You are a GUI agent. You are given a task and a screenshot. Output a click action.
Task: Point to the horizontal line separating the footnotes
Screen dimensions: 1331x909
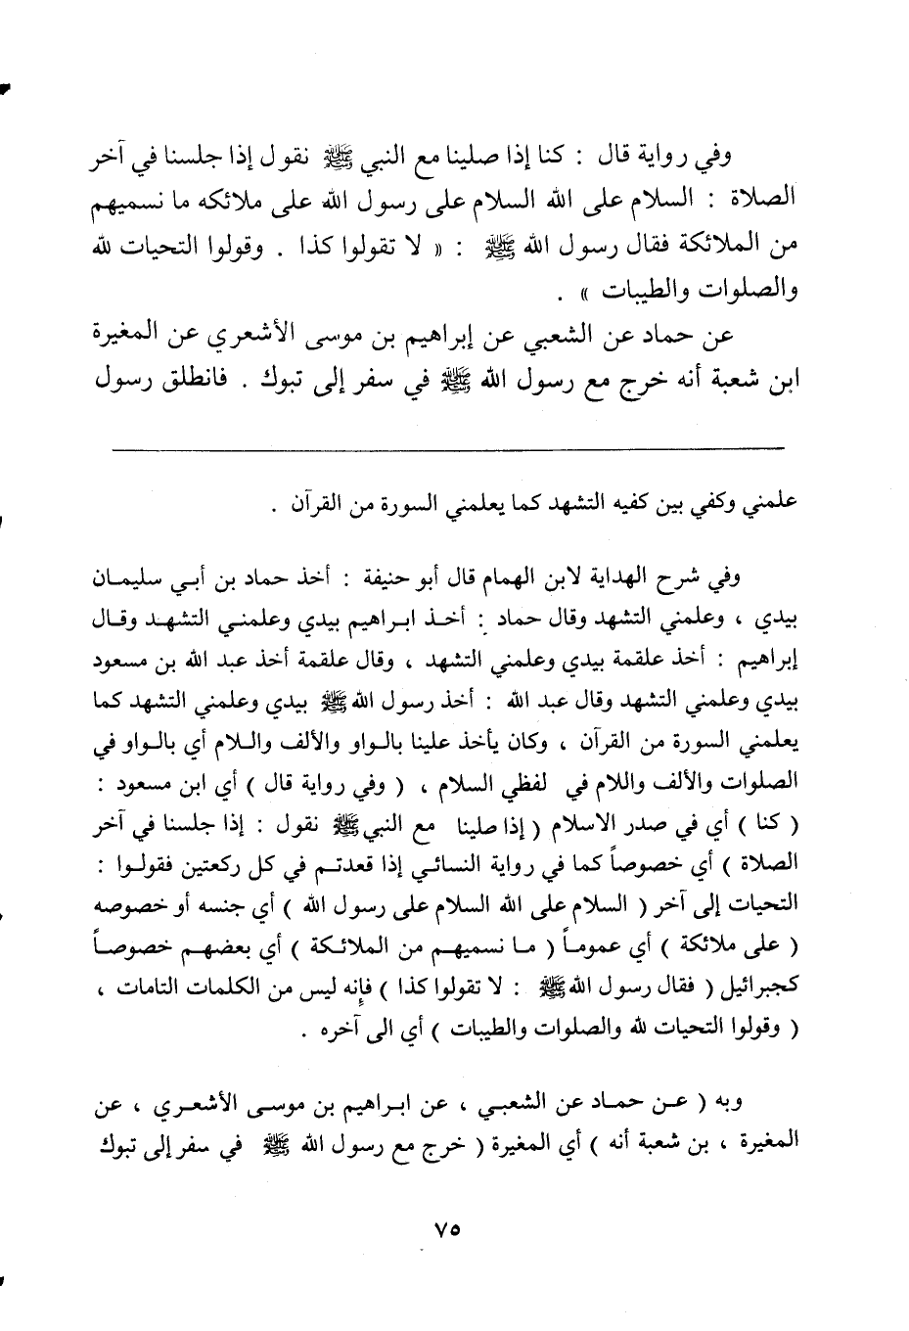(x=449, y=448)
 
